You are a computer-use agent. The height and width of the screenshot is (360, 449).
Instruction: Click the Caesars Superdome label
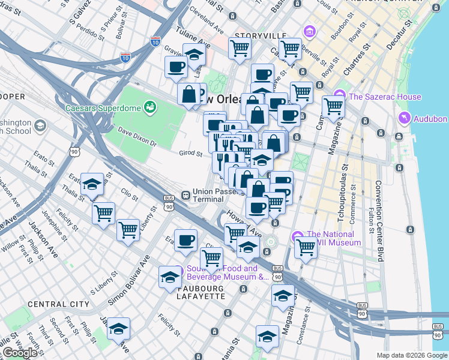tap(103, 109)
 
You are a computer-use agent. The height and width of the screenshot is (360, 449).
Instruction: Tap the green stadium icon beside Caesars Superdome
tap(149, 108)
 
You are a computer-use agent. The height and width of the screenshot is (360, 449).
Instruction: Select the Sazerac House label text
tap(385, 97)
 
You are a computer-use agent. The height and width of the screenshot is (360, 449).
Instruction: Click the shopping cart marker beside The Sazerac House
tap(333, 107)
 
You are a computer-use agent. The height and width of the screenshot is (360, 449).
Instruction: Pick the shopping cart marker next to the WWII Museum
tap(306, 246)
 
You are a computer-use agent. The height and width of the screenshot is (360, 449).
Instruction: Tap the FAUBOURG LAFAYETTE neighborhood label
tap(208, 289)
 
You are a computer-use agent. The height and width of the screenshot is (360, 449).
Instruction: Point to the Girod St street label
tap(190, 154)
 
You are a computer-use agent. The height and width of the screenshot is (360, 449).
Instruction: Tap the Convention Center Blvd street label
tap(379, 221)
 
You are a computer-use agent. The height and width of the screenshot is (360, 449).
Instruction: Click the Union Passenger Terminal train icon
tap(187, 195)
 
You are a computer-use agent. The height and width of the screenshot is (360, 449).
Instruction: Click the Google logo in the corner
tap(20, 353)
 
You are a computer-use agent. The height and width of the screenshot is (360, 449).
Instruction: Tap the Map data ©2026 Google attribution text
tap(411, 355)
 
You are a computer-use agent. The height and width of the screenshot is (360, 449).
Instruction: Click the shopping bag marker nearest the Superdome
tap(189, 94)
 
